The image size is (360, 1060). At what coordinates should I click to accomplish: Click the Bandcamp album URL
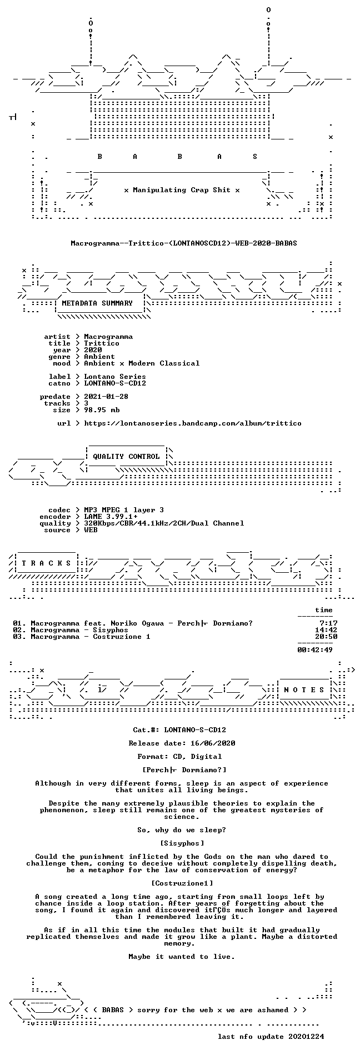point(193,423)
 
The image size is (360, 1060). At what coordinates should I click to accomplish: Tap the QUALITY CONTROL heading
point(127,457)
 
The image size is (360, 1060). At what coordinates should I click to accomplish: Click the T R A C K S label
point(47,563)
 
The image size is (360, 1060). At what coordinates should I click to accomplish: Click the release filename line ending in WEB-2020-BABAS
point(184,243)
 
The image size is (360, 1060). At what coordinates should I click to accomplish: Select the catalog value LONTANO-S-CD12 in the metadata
point(115,383)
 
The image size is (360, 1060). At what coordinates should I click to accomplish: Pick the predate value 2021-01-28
point(106,397)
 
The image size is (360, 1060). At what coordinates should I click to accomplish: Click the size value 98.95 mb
point(102,410)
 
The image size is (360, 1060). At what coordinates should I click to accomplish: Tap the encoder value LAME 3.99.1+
point(111,517)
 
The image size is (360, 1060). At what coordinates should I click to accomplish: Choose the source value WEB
point(91,530)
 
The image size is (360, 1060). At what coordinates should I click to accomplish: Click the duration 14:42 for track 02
point(326,630)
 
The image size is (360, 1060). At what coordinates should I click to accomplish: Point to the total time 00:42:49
point(315,650)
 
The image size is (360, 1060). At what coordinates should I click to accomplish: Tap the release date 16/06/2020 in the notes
point(213,743)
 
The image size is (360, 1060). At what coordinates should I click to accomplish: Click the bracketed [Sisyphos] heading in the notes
point(182,843)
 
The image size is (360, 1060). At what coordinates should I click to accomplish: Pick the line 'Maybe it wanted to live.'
point(182,957)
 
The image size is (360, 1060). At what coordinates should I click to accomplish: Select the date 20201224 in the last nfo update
point(306,1037)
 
